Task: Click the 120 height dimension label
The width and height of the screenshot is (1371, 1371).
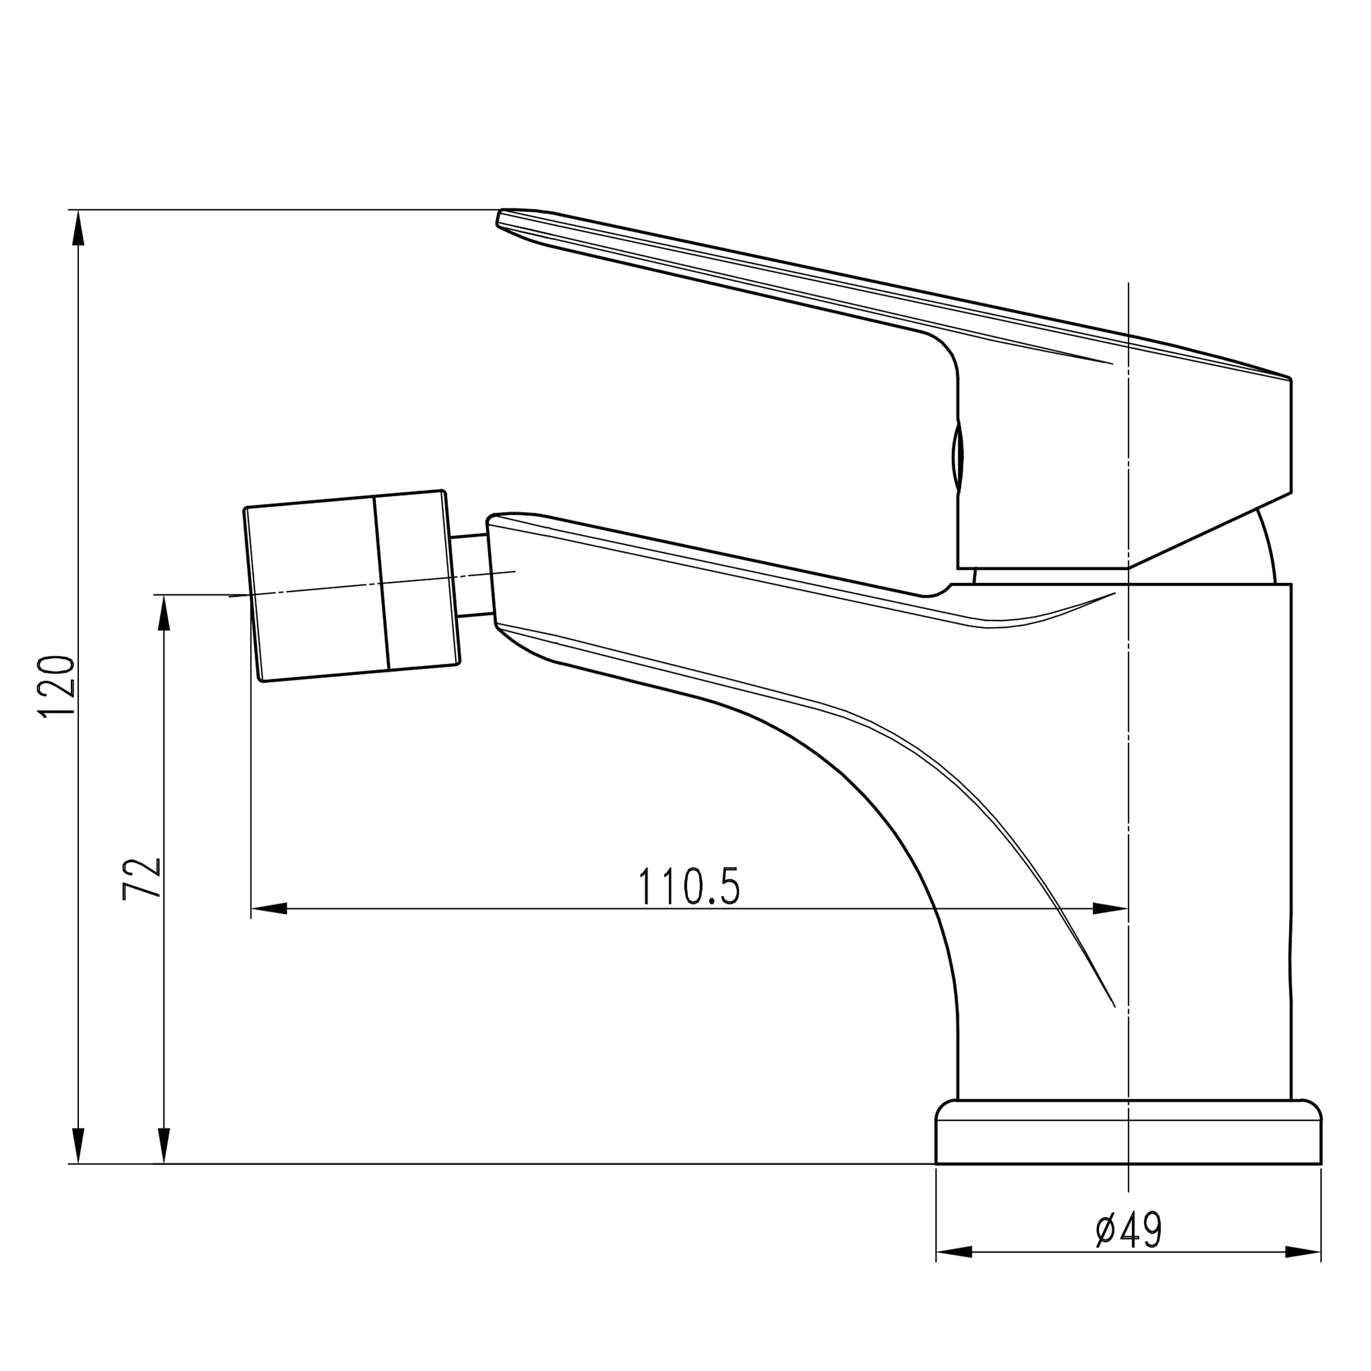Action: pyautogui.click(x=57, y=688)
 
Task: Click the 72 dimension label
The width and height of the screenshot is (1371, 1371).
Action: pyautogui.click(x=142, y=879)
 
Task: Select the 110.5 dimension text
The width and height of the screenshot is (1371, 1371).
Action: pyautogui.click(x=688, y=886)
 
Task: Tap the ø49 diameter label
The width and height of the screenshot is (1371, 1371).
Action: pyautogui.click(x=1128, y=1230)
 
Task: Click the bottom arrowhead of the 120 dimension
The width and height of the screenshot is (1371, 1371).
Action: pyautogui.click(x=79, y=1146)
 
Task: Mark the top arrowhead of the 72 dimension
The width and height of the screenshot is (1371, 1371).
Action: pyautogui.click(x=164, y=612)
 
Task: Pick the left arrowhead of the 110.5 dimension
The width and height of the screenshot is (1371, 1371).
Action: pyautogui.click(x=269, y=908)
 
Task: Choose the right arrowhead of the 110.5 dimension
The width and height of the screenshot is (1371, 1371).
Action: pyautogui.click(x=1110, y=908)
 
